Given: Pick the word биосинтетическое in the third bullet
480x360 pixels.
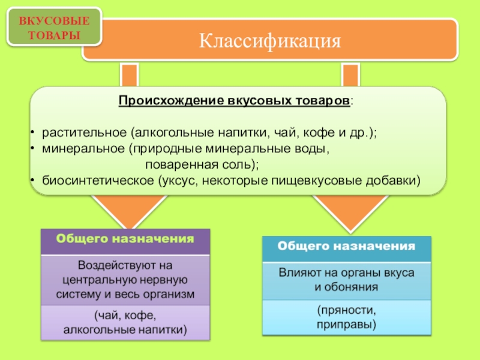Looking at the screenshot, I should pos(97,180).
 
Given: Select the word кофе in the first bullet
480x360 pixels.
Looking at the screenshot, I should pos(315,132).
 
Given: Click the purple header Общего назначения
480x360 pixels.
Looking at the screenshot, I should pos(125,239).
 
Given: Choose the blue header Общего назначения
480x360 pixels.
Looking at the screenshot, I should pos(347,246).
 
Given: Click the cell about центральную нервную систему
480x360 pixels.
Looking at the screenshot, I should pos(125,280).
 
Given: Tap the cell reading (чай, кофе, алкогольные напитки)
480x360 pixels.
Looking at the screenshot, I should pos(125,323).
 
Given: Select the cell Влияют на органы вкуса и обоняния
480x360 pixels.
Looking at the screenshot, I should pos(347,280).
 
